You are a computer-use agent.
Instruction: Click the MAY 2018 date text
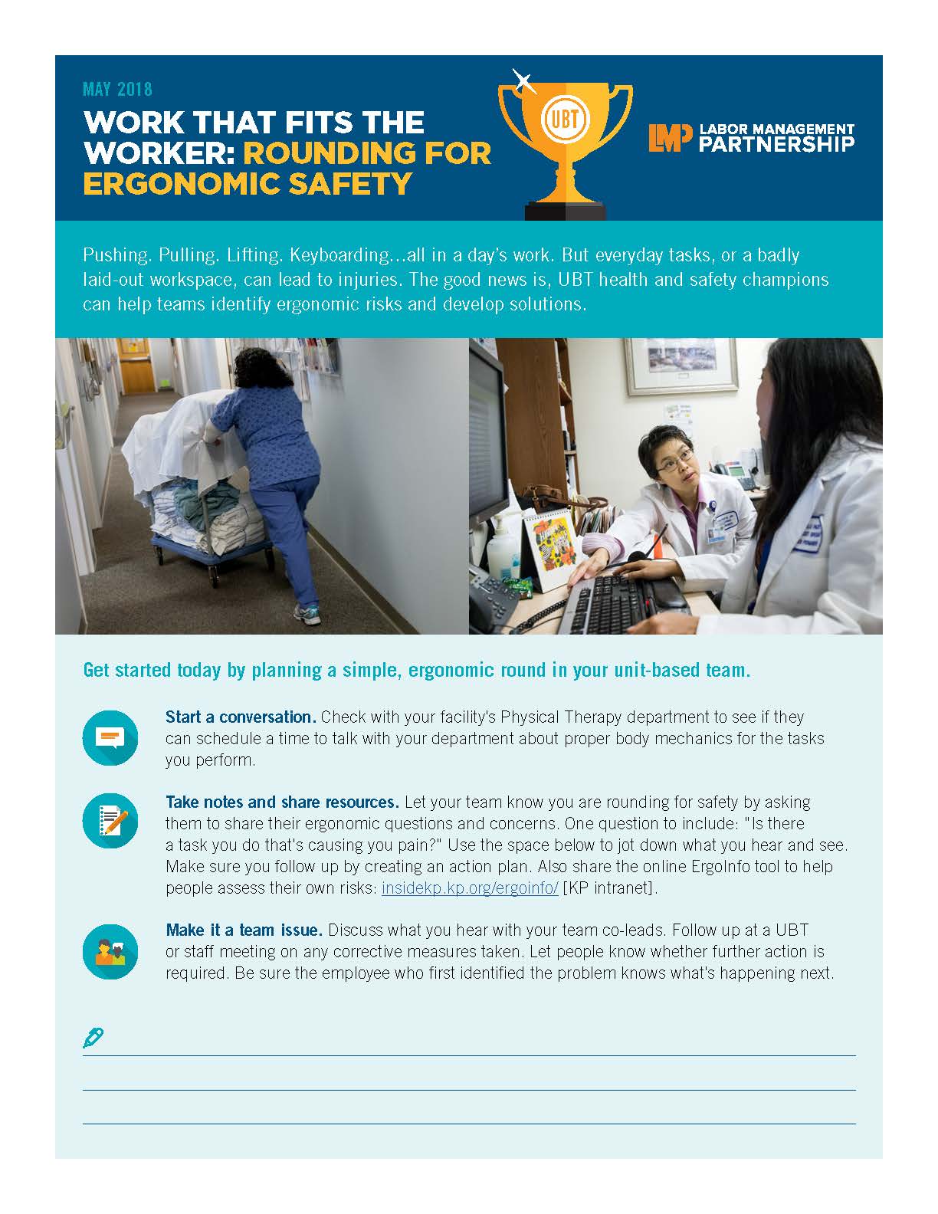coord(117,90)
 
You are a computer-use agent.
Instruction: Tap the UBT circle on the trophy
coord(565,121)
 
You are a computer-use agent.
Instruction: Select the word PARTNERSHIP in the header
coord(777,144)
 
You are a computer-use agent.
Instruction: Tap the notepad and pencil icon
coord(110,821)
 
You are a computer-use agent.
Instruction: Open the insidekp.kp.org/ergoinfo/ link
coord(470,888)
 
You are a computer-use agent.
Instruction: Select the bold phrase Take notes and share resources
coord(282,802)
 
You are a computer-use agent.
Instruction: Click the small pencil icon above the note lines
coord(93,1038)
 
